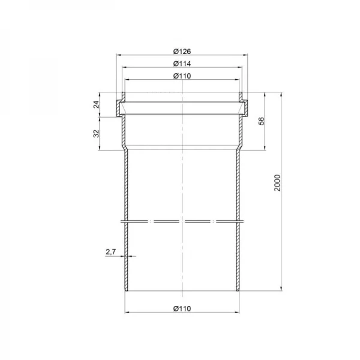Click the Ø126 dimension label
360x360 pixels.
coord(182,52)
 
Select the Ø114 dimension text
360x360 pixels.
coord(182,64)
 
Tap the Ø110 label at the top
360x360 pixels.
coord(182,76)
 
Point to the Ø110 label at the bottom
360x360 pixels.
coord(182,308)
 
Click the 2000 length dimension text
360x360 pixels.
coord(278,183)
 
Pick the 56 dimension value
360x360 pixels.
coord(262,121)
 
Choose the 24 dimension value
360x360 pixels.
coord(97,104)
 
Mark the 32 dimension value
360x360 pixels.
coord(97,134)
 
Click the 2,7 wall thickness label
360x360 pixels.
coord(111,252)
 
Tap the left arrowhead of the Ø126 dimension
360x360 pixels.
coord(118,55)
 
